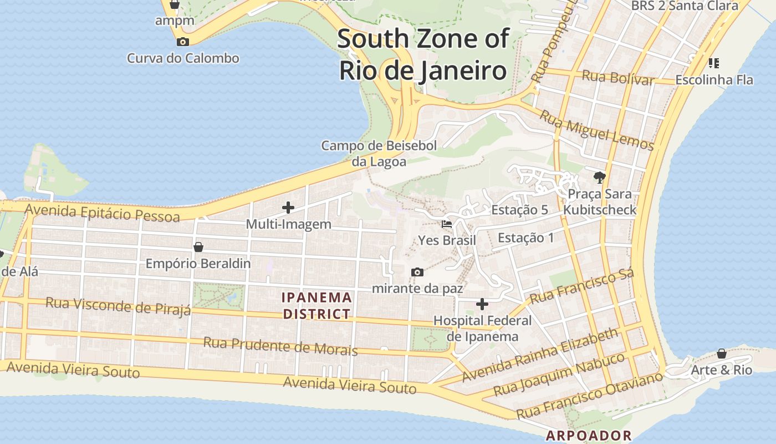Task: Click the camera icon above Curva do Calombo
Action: tap(182, 42)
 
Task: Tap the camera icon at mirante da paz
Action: tap(417, 272)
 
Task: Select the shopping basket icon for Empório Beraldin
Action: tap(198, 247)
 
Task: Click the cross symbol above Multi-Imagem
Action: tap(288, 208)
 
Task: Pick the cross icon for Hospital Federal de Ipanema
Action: tap(482, 304)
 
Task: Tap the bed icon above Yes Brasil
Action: tap(447, 224)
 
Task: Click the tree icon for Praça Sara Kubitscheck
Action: tap(599, 178)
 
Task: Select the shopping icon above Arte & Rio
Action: tap(722, 354)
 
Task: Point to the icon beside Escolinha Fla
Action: tap(714, 63)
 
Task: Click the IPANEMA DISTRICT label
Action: tap(317, 306)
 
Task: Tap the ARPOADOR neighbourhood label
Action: tap(589, 436)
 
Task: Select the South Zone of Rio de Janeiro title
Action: tap(422, 55)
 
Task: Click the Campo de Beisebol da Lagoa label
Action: tap(379, 154)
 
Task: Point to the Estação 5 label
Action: tap(519, 210)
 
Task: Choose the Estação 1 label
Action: tap(525, 238)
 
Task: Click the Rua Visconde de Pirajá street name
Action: tap(118, 306)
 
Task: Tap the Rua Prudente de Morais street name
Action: tap(280, 346)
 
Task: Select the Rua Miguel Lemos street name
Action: tap(597, 130)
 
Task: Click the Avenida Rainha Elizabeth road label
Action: tap(540, 355)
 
